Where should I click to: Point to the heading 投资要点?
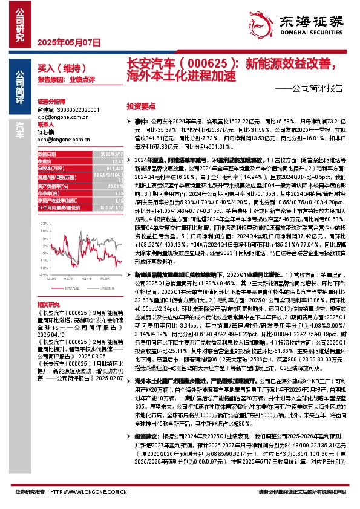click(141, 105)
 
